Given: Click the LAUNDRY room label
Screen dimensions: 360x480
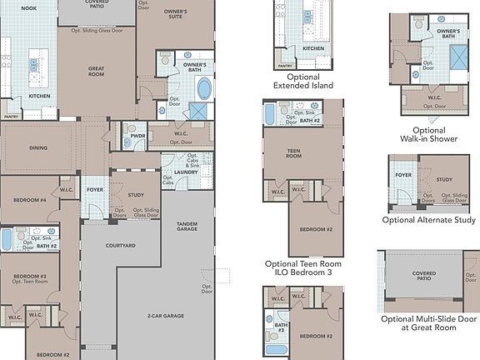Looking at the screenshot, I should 185,172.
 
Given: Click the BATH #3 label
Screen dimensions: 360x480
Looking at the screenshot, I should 281,328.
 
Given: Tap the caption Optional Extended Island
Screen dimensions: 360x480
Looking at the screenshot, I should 302,80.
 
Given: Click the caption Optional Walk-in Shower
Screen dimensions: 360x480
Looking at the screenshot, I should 428,135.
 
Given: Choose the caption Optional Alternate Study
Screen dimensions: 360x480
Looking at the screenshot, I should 428,220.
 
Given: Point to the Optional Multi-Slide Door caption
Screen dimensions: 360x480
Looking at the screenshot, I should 428,323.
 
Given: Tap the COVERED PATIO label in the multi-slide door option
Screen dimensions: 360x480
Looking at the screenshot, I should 423,275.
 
